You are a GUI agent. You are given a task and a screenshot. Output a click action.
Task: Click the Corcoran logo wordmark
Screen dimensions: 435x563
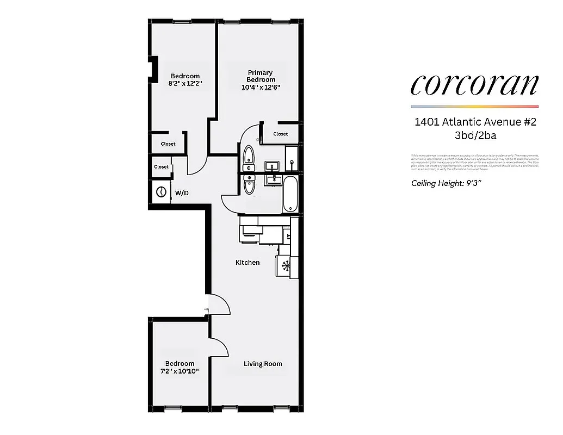point(474,84)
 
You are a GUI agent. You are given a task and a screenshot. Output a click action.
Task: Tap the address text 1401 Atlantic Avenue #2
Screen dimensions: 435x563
point(475,122)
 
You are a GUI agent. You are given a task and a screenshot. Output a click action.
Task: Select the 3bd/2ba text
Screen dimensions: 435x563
point(475,136)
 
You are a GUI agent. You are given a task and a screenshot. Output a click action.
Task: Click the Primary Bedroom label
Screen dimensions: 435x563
point(261,76)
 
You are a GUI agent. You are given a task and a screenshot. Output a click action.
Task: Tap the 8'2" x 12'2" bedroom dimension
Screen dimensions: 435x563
point(185,84)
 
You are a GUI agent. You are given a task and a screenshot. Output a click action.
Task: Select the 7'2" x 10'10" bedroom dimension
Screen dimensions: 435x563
point(180,371)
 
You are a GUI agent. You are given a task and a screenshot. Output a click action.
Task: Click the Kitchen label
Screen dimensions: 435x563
point(248,263)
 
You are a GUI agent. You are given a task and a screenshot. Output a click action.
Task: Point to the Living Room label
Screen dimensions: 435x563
point(263,364)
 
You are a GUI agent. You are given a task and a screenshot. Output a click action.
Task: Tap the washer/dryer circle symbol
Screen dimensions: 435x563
point(162,192)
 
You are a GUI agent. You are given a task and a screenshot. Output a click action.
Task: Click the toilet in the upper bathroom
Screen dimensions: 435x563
point(249,154)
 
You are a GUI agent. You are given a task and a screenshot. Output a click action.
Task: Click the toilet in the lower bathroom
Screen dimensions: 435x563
point(249,185)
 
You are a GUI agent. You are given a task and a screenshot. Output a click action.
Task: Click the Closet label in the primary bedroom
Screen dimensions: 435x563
point(281,134)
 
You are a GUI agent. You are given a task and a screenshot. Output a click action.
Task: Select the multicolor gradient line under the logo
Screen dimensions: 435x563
point(474,106)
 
